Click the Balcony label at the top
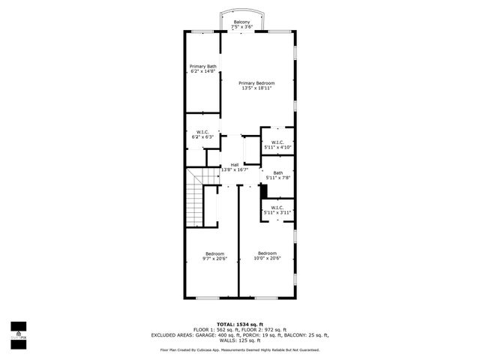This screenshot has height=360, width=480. click(x=241, y=22)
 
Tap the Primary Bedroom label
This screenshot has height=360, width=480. click(x=256, y=82)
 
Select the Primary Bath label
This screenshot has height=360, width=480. click(x=202, y=67)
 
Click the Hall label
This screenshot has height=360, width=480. click(x=235, y=164)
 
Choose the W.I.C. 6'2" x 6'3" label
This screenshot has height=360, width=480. click(x=202, y=133)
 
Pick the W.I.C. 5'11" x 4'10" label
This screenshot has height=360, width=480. click(x=277, y=142)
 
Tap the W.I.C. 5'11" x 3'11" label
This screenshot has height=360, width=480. click(x=277, y=208)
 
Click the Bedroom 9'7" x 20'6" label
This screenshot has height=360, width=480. click(x=214, y=254)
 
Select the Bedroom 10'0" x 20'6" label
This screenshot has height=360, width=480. click(x=267, y=253)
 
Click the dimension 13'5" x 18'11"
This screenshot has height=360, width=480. click(x=256, y=88)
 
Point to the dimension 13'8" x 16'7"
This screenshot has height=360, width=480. click(x=235, y=169)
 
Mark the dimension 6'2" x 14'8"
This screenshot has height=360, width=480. click(x=202, y=72)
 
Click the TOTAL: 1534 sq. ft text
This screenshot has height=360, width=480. click(x=239, y=323)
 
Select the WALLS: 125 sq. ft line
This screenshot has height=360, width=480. click(x=239, y=340)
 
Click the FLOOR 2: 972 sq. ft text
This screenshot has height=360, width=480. click(x=265, y=329)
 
